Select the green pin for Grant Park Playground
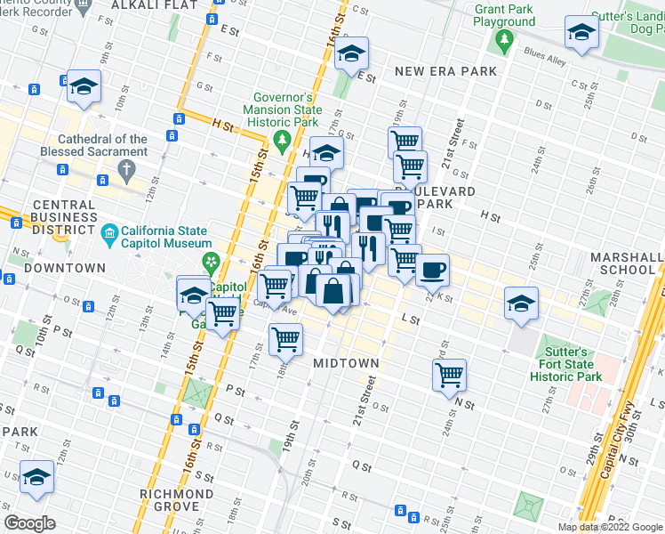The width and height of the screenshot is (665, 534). pyautogui.click(x=504, y=40)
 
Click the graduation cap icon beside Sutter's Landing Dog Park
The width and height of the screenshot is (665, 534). pyautogui.click(x=581, y=34)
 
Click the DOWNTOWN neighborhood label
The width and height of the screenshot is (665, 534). pyautogui.click(x=65, y=268)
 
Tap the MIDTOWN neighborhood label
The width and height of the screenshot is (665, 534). pyautogui.click(x=346, y=363)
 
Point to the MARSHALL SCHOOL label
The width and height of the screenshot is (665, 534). pyautogui.click(x=627, y=263)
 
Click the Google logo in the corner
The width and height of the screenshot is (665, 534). pyautogui.click(x=31, y=523)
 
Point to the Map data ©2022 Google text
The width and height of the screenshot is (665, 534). pyautogui.click(x=609, y=527)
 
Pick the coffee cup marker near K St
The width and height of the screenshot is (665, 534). pyautogui.click(x=432, y=270)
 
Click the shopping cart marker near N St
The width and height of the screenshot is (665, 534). pyautogui.click(x=450, y=374)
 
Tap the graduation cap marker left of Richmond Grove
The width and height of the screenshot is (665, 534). pyautogui.click(x=36, y=478)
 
